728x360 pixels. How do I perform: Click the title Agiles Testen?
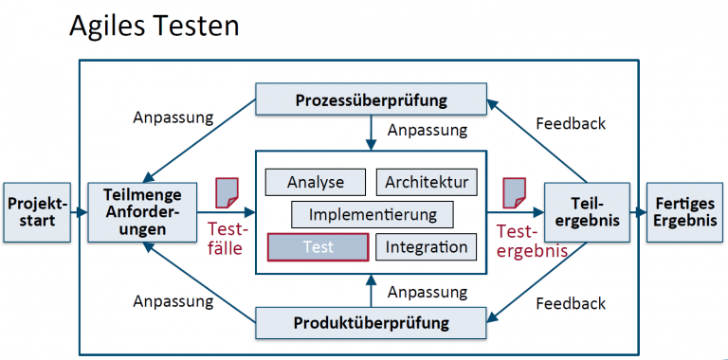point(154,26)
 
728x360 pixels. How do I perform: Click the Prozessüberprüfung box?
point(371,99)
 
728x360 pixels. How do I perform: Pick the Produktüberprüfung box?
point(371,323)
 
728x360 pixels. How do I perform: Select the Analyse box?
point(317,182)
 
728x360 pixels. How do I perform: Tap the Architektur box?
point(427,182)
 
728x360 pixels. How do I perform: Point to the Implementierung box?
point(373,214)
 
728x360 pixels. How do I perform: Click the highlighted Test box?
point(318,247)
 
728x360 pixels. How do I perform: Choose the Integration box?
point(427,247)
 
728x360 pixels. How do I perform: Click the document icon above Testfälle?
point(227,192)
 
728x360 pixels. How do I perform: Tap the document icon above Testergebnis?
point(514,192)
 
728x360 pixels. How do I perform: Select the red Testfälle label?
point(227,240)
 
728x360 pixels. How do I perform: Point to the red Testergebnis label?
point(528,240)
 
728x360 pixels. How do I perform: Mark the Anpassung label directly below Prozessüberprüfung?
point(427,130)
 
